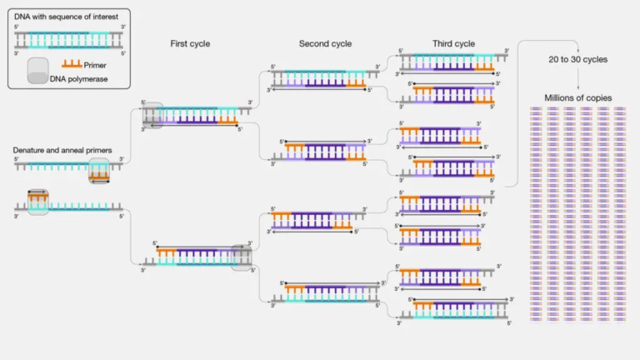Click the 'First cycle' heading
tap(190, 43)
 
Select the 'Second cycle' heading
tap(325, 43)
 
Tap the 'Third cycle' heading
tap(453, 43)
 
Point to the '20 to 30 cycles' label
tap(577, 60)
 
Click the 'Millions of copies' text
tap(577, 97)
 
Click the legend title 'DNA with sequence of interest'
tap(67, 16)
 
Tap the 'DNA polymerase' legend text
tap(81, 79)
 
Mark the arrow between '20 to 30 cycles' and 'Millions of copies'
tap(577, 78)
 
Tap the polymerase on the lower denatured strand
tap(38, 201)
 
